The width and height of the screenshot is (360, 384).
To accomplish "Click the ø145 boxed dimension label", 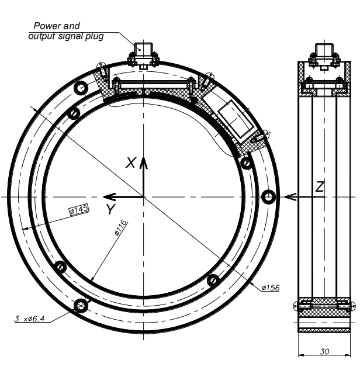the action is click(79, 209).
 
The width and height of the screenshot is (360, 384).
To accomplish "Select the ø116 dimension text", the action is click(121, 227).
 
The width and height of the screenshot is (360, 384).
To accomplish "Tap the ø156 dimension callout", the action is click(271, 288).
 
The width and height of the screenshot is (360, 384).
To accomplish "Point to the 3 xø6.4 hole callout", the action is click(29, 319).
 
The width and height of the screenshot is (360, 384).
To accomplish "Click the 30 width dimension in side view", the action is click(324, 351).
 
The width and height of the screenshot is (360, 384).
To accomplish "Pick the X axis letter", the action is click(131, 163).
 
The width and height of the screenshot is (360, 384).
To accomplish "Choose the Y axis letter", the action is click(110, 209).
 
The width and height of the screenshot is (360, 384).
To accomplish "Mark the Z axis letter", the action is click(320, 186).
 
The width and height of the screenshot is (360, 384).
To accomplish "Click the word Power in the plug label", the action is click(46, 26).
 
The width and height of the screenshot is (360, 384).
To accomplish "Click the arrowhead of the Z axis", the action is click(290, 196).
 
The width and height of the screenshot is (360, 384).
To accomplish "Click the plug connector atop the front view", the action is click(143, 56).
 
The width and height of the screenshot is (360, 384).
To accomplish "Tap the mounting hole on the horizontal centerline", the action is click(269, 196).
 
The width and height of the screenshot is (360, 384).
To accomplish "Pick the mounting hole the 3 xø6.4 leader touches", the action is click(81, 305).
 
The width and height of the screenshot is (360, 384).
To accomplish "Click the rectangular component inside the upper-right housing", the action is click(236, 119).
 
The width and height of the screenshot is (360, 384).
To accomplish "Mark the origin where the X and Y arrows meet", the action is click(144, 196).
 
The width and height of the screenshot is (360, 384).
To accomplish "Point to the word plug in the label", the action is click(95, 36).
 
